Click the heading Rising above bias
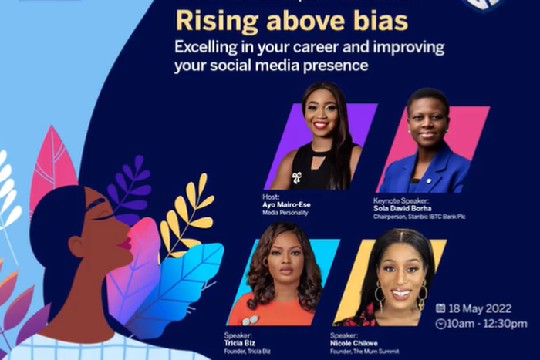(x=292, y=21)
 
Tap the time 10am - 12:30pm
(x=488, y=324)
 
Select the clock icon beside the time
(x=440, y=324)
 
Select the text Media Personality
(x=285, y=212)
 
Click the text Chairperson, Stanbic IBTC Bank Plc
(x=419, y=217)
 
